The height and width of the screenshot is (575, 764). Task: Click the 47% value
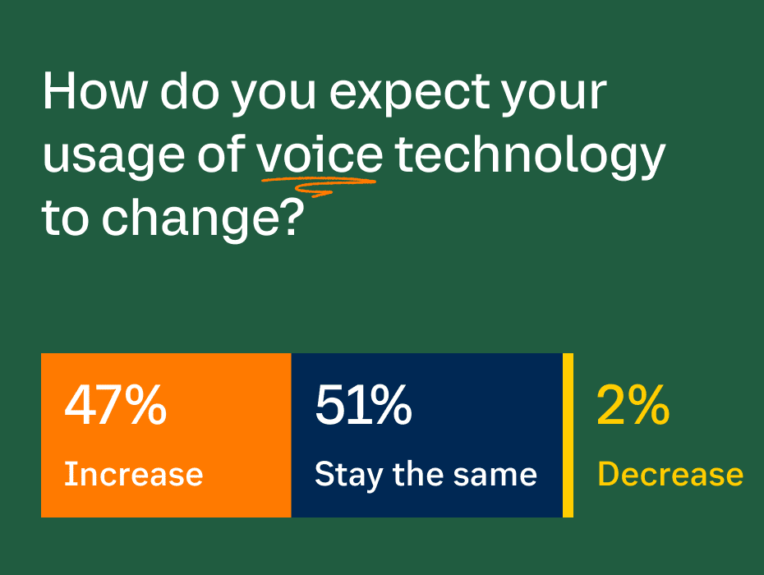116,405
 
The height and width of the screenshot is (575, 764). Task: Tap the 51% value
363,405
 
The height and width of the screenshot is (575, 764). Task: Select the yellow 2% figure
633,405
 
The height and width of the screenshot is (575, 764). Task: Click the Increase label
134,474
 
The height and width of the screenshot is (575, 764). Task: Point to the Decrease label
670,474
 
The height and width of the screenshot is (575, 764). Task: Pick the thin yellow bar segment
568,435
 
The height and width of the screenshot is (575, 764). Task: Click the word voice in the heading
320,155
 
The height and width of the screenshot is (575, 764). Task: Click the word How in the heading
95,91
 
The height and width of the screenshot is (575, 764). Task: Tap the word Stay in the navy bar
348,475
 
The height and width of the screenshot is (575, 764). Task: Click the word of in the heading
221,154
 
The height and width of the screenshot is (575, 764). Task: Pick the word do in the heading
190,91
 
